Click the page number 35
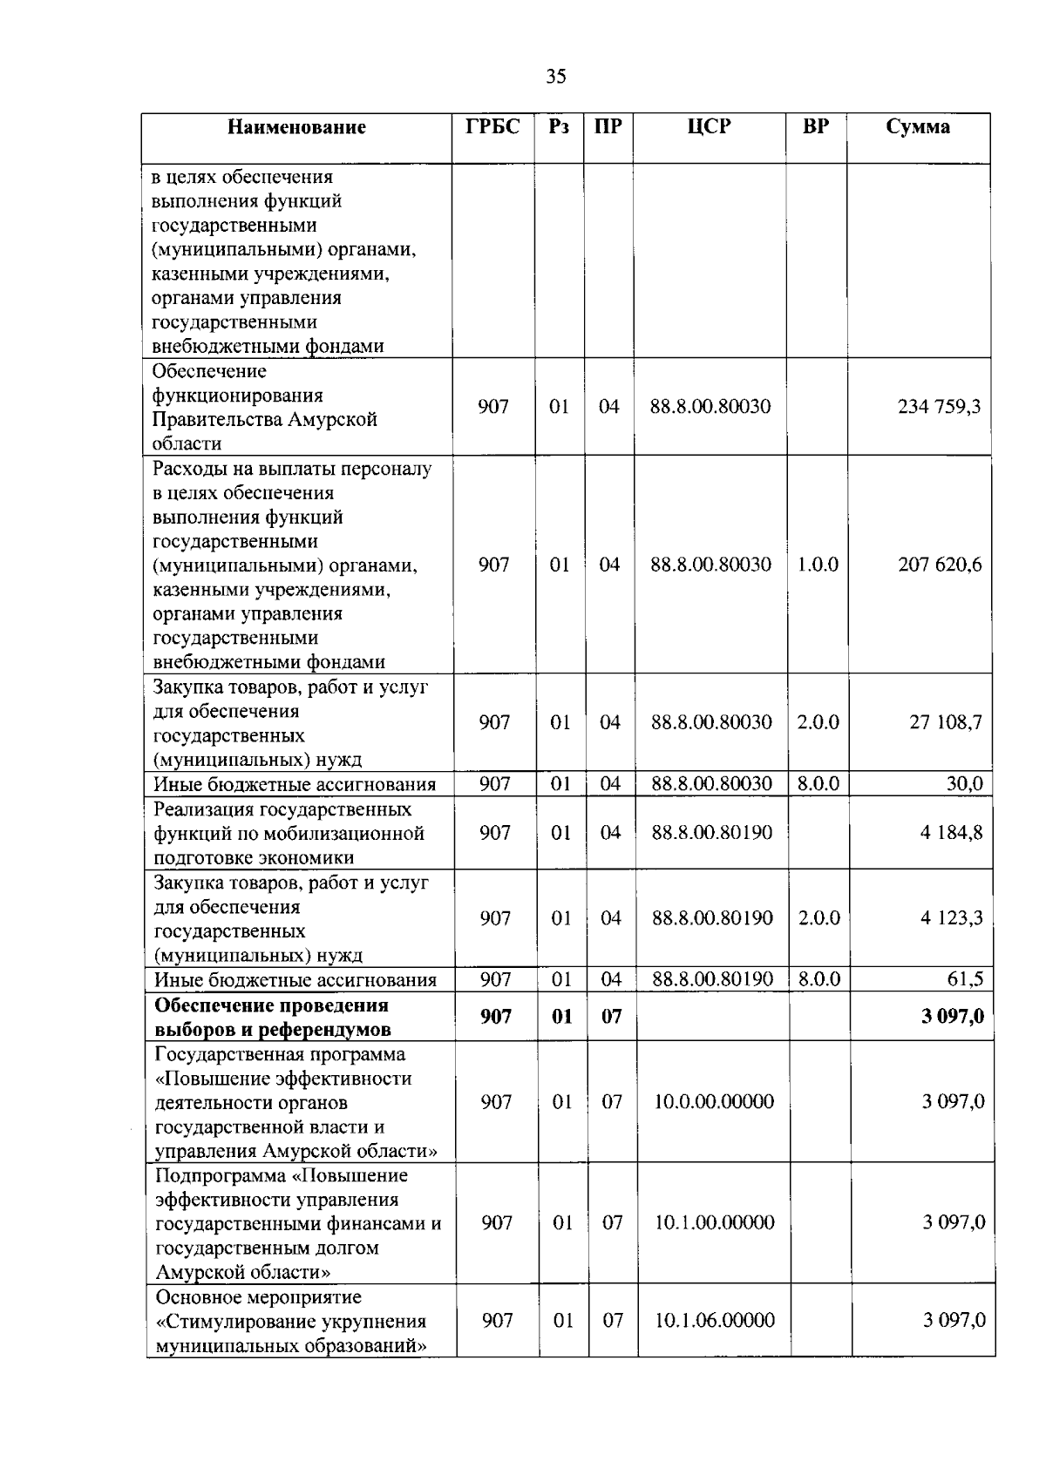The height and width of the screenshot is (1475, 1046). (556, 77)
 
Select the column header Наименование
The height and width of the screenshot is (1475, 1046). (296, 127)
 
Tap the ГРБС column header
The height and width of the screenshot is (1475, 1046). (492, 127)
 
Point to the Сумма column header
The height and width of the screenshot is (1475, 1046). (918, 127)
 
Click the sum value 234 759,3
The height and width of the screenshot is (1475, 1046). (939, 406)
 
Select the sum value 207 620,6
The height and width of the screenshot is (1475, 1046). (940, 565)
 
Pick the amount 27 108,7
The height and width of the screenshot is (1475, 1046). (946, 722)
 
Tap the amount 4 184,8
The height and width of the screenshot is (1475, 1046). (951, 832)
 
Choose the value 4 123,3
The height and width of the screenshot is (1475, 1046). (952, 917)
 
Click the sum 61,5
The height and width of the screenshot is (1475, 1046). (965, 979)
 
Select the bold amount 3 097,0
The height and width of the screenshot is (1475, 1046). (953, 1016)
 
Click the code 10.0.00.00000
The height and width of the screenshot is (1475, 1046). (714, 1101)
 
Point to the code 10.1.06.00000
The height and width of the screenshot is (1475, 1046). (715, 1320)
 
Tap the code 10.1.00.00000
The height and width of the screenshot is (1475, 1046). (715, 1222)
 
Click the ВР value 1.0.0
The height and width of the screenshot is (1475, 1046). (818, 565)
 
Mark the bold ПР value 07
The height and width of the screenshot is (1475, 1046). (612, 1016)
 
